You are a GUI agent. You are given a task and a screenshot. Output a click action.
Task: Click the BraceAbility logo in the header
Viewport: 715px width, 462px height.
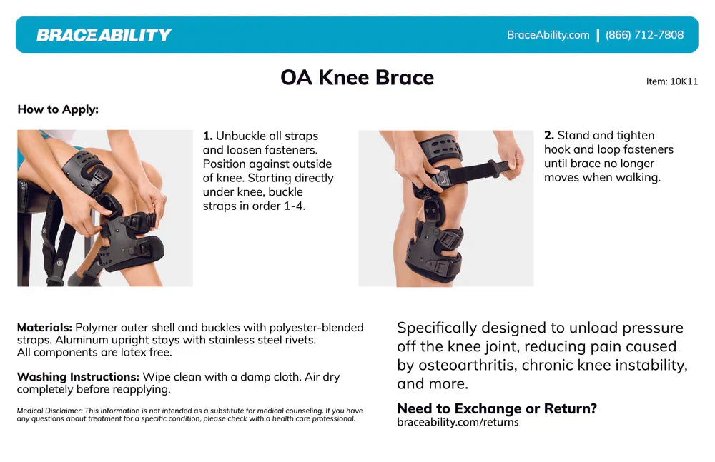[x=104, y=35]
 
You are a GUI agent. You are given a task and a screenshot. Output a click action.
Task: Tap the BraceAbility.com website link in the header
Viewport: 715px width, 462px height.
[x=548, y=35]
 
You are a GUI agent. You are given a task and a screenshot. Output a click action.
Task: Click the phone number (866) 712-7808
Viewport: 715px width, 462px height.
[x=644, y=35]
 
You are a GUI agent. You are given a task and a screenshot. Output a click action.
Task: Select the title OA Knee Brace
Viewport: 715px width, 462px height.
[x=357, y=77]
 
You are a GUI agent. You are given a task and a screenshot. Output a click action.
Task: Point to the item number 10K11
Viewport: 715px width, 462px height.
[x=672, y=81]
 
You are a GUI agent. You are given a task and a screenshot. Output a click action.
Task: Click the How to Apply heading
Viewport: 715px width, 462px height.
[x=58, y=109]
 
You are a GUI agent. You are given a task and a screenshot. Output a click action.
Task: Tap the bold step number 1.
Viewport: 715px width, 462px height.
[x=207, y=136]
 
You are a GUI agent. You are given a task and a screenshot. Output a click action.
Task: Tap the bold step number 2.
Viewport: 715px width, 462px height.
[x=548, y=135]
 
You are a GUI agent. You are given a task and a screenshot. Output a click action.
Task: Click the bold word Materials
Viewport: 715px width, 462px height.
[x=44, y=328]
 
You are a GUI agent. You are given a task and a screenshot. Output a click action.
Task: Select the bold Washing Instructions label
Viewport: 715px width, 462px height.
[x=78, y=377]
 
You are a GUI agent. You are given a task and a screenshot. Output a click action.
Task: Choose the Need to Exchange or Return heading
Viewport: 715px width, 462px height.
[x=496, y=408]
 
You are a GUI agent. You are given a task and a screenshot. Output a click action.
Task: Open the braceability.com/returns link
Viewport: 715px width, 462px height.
[x=458, y=422]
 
